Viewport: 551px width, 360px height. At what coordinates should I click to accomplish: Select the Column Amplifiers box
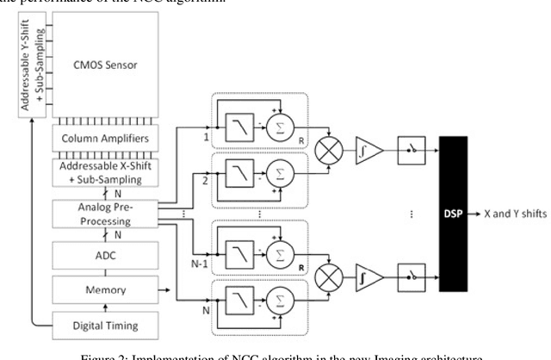click(106, 139)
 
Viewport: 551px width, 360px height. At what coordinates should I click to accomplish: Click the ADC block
click(106, 255)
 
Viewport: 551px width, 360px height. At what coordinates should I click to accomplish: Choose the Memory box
click(106, 290)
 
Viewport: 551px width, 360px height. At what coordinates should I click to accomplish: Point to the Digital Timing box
click(106, 325)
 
